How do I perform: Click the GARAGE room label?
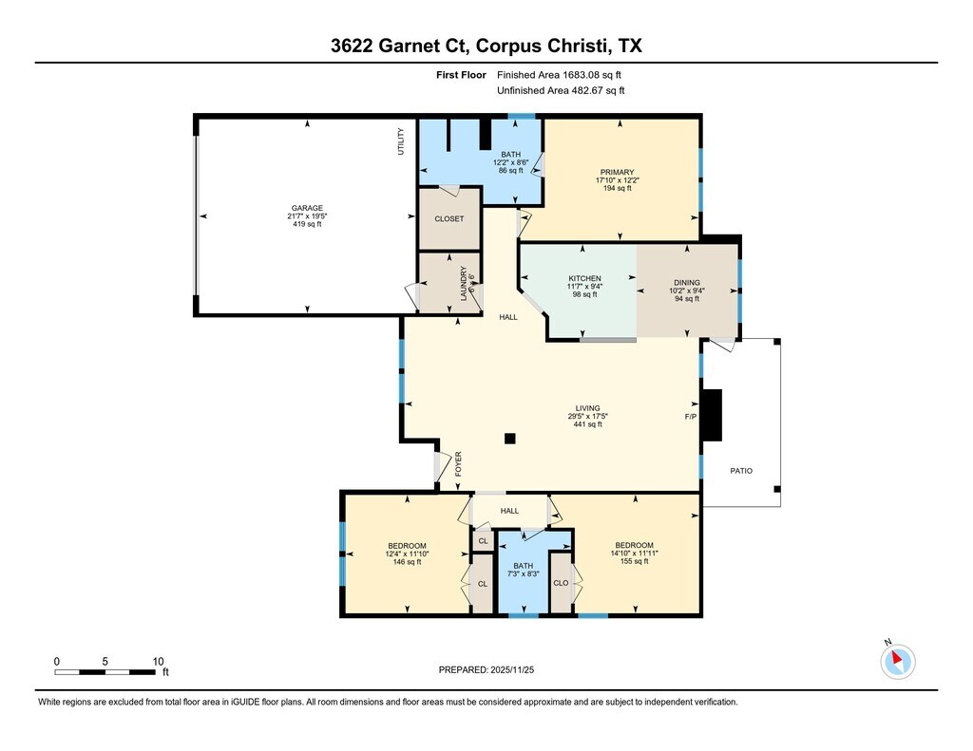click(307, 208)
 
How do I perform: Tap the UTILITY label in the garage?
click(401, 141)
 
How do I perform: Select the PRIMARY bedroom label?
click(617, 173)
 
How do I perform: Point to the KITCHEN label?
click(584, 278)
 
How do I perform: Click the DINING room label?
click(686, 283)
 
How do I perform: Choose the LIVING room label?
click(587, 408)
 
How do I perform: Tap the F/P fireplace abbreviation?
click(691, 417)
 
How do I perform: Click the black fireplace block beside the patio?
click(712, 415)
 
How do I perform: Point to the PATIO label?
click(741, 471)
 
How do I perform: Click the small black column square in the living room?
click(510, 439)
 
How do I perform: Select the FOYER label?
click(459, 464)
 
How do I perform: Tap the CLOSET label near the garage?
click(449, 219)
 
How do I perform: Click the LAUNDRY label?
click(463, 284)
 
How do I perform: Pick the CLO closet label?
click(561, 583)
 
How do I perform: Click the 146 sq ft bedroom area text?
click(407, 562)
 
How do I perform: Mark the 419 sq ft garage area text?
click(307, 224)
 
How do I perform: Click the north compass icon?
click(897, 661)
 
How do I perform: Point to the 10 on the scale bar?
click(159, 662)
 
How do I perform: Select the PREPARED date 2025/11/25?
click(512, 669)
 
